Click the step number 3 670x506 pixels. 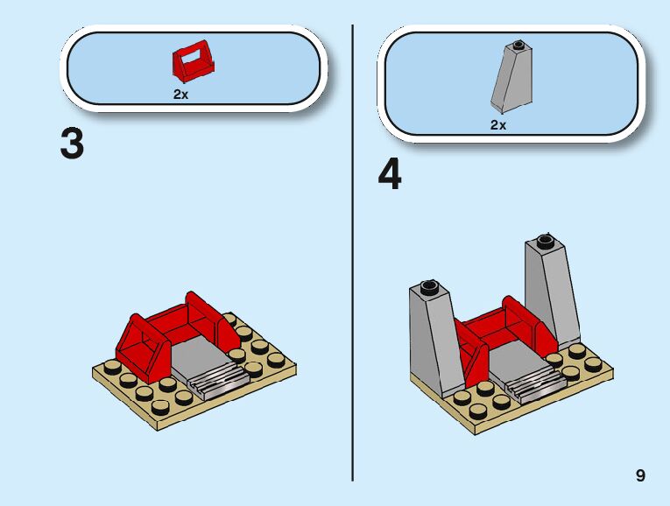(72, 144)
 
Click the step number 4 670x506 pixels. (390, 174)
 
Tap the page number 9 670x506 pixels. (640, 475)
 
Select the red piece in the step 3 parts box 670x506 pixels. (194, 61)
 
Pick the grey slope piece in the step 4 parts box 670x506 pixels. (511, 78)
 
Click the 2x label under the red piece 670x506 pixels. (180, 95)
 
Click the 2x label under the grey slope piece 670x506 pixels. (498, 125)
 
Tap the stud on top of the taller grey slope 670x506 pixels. (545, 241)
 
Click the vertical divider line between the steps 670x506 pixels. (353, 253)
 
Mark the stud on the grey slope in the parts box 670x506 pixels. (518, 44)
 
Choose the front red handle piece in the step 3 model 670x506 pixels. (142, 350)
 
